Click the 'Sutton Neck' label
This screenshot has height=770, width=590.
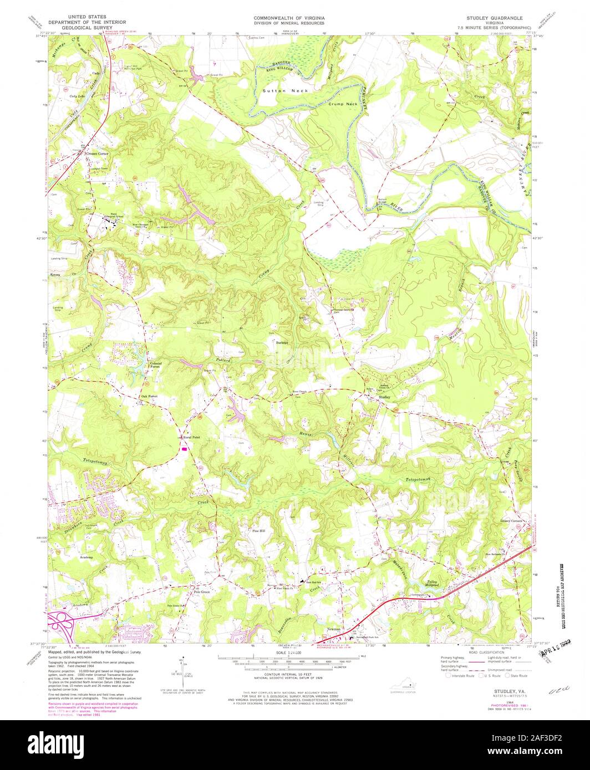tap(281, 90)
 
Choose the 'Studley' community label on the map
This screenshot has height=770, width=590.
tap(384, 397)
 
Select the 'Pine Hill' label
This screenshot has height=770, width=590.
tap(259, 531)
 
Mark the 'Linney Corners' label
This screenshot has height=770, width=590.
tap(511, 521)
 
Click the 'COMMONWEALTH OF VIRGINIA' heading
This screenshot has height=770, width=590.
tap(289, 18)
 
